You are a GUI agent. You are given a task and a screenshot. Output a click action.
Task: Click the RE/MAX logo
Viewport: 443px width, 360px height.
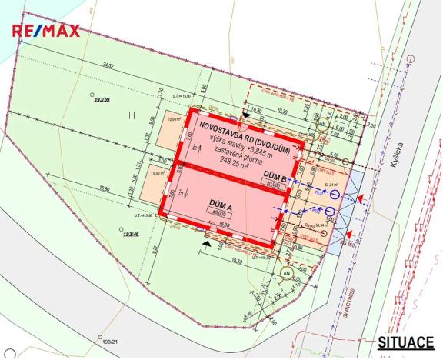[x=45, y=32]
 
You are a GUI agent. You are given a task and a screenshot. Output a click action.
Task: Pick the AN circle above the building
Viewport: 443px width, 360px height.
[x=323, y=123]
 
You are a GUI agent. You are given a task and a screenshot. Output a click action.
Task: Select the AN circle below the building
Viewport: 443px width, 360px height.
[x=285, y=272]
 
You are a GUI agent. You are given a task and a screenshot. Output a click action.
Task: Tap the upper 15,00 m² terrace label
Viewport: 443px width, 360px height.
[x=174, y=121]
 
